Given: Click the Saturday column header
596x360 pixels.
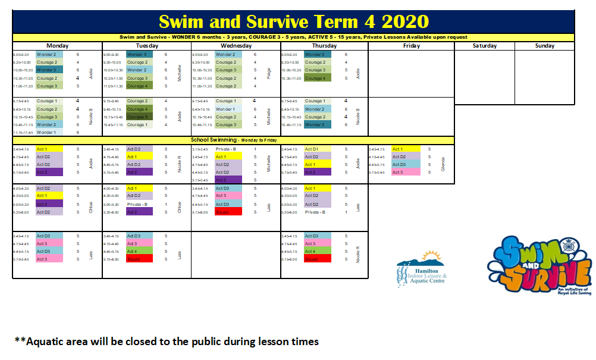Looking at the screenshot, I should (485, 46).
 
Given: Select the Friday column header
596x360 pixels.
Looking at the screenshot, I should (411, 46).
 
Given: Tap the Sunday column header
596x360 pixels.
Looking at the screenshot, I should (544, 46).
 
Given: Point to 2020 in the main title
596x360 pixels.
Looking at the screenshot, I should (405, 21).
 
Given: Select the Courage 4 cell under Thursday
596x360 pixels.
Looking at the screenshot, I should (315, 78).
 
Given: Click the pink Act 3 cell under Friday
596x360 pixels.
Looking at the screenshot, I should (406, 172).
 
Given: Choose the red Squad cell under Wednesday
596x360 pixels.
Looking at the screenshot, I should (228, 212).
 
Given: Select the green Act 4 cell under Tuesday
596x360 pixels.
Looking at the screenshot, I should (139, 251).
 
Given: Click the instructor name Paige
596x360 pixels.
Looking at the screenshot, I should (269, 74).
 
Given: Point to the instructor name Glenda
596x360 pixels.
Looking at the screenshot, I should (443, 164).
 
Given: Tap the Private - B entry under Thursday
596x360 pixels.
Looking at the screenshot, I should (315, 212).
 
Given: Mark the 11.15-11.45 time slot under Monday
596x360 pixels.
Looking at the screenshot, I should (21, 133).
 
